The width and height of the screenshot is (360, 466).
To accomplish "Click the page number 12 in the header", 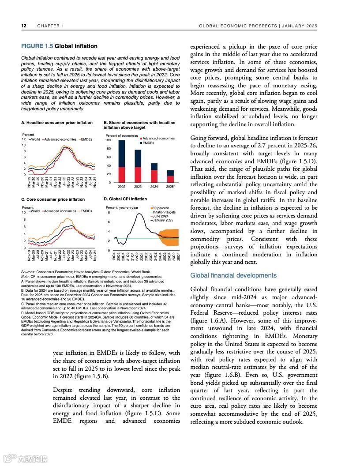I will pyautogui.click(x=24, y=26).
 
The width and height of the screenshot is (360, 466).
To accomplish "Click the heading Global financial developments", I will pyautogui.click(x=233, y=275).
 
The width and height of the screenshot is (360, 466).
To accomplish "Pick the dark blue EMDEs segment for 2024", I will pyautogui.click(x=154, y=166).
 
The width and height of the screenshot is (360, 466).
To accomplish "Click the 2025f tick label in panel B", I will pyautogui.click(x=170, y=187).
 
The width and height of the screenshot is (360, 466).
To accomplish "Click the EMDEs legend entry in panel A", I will pyautogui.click(x=87, y=139).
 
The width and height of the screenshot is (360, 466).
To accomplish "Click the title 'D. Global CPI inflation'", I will pyautogui.click(x=125, y=199).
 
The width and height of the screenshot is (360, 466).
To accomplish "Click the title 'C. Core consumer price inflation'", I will pyautogui.click(x=53, y=199).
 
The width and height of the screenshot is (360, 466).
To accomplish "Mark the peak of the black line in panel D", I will pyautogui.click(x=139, y=213).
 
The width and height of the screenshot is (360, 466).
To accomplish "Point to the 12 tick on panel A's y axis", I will pyautogui.click(x=23, y=139).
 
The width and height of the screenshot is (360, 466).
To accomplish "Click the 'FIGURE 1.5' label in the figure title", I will pyautogui.click(x=37, y=46).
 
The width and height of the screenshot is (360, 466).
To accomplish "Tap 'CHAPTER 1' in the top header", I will pyautogui.click(x=51, y=26).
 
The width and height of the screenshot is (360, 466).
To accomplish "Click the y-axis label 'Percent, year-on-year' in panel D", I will pyautogui.click(x=122, y=207).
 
